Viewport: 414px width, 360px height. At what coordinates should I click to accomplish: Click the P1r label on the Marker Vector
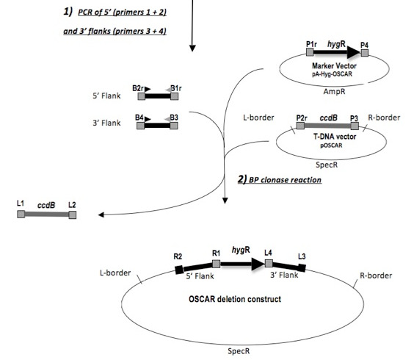coord(311,44)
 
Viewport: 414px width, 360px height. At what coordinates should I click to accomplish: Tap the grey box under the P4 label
coord(365,53)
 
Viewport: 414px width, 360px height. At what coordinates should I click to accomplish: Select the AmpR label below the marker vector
coord(334,91)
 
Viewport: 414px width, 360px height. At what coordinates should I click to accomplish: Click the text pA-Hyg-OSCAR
coord(332,74)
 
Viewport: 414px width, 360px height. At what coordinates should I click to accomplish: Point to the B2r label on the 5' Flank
coord(138,88)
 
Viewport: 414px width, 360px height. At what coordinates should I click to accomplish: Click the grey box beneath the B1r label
coord(174,96)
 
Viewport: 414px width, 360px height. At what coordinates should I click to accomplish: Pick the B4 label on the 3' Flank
coord(139,118)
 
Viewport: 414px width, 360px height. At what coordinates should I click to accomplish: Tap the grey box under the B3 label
coord(174,126)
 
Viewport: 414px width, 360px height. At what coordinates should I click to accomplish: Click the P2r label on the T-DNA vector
coord(302,118)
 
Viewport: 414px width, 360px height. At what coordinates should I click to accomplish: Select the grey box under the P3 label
coord(355,126)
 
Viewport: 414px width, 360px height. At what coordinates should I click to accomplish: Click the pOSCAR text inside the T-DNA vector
coord(331,145)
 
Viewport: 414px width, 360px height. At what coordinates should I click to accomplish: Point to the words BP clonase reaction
coord(285,180)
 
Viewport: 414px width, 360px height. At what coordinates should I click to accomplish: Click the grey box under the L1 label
coord(21,214)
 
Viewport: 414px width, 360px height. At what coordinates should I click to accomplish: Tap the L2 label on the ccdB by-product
coord(72,205)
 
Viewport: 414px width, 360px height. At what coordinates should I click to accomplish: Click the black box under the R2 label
coord(180,270)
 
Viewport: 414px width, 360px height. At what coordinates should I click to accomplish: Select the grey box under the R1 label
coord(217,264)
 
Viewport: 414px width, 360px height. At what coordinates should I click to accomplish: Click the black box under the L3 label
coord(302,267)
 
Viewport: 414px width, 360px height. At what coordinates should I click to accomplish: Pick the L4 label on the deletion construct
coord(268,253)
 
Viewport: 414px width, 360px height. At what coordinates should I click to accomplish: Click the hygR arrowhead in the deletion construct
coord(258,264)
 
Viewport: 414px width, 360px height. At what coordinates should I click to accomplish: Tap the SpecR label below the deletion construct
coord(239,351)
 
